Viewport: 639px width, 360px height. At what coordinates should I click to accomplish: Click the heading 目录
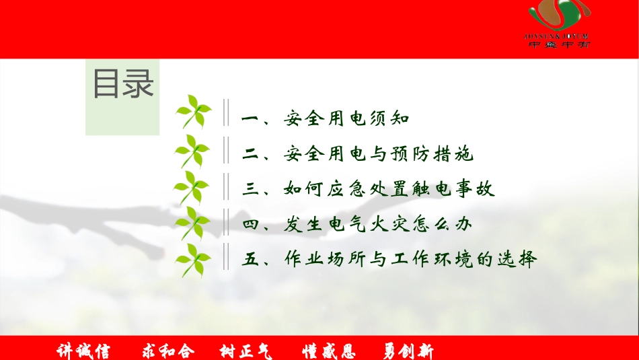click(x=123, y=85)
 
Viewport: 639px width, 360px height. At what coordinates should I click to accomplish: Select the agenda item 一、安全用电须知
click(x=325, y=120)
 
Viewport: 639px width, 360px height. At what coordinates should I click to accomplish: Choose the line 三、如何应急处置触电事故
click(x=368, y=190)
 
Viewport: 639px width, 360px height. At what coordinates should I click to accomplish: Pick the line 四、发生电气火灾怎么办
click(x=356, y=225)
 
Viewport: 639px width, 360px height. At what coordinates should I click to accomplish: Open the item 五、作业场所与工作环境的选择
click(x=389, y=260)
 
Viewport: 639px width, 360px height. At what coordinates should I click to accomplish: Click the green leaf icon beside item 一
click(x=194, y=112)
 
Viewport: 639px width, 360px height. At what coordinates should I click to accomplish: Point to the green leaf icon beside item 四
click(x=193, y=224)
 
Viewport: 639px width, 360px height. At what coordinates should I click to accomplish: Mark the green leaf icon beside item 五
click(x=194, y=261)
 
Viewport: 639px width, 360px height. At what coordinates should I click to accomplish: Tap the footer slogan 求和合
click(x=168, y=351)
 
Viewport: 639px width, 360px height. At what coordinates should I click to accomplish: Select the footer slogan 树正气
click(x=248, y=351)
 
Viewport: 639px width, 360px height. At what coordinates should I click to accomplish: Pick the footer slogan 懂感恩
click(x=329, y=351)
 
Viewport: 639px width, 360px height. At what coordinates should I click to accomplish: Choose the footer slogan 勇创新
click(x=408, y=351)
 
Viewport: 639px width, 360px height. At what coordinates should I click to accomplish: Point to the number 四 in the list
click(x=251, y=225)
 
